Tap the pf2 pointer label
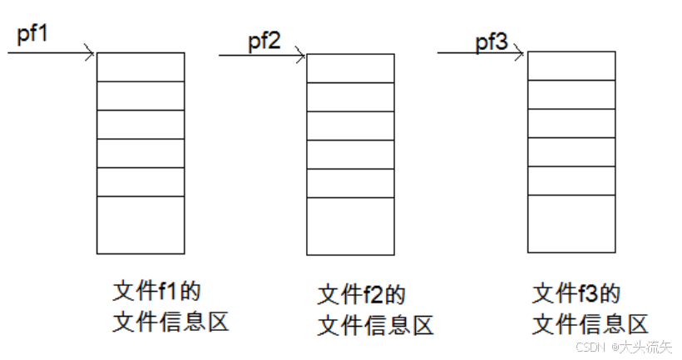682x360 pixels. point(264,41)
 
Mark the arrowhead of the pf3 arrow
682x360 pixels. point(521,55)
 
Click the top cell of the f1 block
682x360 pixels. point(140,67)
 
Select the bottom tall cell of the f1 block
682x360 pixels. point(140,224)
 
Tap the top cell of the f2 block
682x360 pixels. point(350,68)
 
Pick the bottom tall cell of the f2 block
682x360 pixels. point(350,226)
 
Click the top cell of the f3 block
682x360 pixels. point(571,65)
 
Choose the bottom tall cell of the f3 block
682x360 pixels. point(571,224)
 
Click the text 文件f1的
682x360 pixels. point(158,292)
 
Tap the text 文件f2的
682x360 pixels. point(362,295)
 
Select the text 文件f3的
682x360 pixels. point(577,293)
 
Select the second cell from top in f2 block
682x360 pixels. point(350,96)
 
